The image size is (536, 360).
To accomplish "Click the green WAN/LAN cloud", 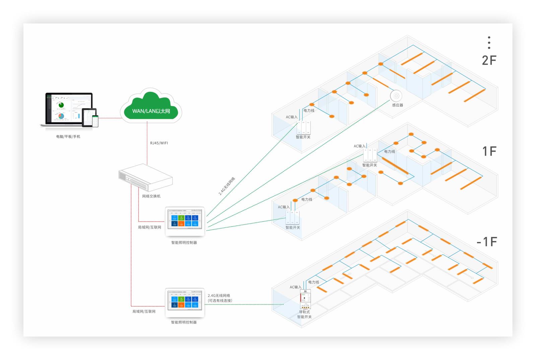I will [151, 107].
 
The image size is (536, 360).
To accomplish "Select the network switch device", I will [145, 177].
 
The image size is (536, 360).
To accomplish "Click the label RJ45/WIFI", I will [159, 143].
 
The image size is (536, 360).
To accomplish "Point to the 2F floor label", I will [489, 60].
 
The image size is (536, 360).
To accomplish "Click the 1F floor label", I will [489, 151].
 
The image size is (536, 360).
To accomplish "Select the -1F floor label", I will [487, 242].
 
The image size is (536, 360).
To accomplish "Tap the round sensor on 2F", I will [396, 96].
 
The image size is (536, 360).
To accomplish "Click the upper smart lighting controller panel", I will [185, 222].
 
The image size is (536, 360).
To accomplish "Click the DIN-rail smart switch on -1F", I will [305, 299].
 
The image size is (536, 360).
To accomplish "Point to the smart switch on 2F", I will [303, 128].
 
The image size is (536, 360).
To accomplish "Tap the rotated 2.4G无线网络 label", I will [227, 186].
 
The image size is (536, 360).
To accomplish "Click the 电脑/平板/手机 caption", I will [68, 137].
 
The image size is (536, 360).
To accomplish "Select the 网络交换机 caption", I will [151, 196].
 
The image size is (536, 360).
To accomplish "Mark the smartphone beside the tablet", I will [95, 121].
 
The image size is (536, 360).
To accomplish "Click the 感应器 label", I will [398, 105].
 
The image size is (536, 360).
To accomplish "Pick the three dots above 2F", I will [489, 43].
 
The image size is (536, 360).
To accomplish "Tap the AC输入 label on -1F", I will [295, 287].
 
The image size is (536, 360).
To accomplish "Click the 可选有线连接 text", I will [220, 301].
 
